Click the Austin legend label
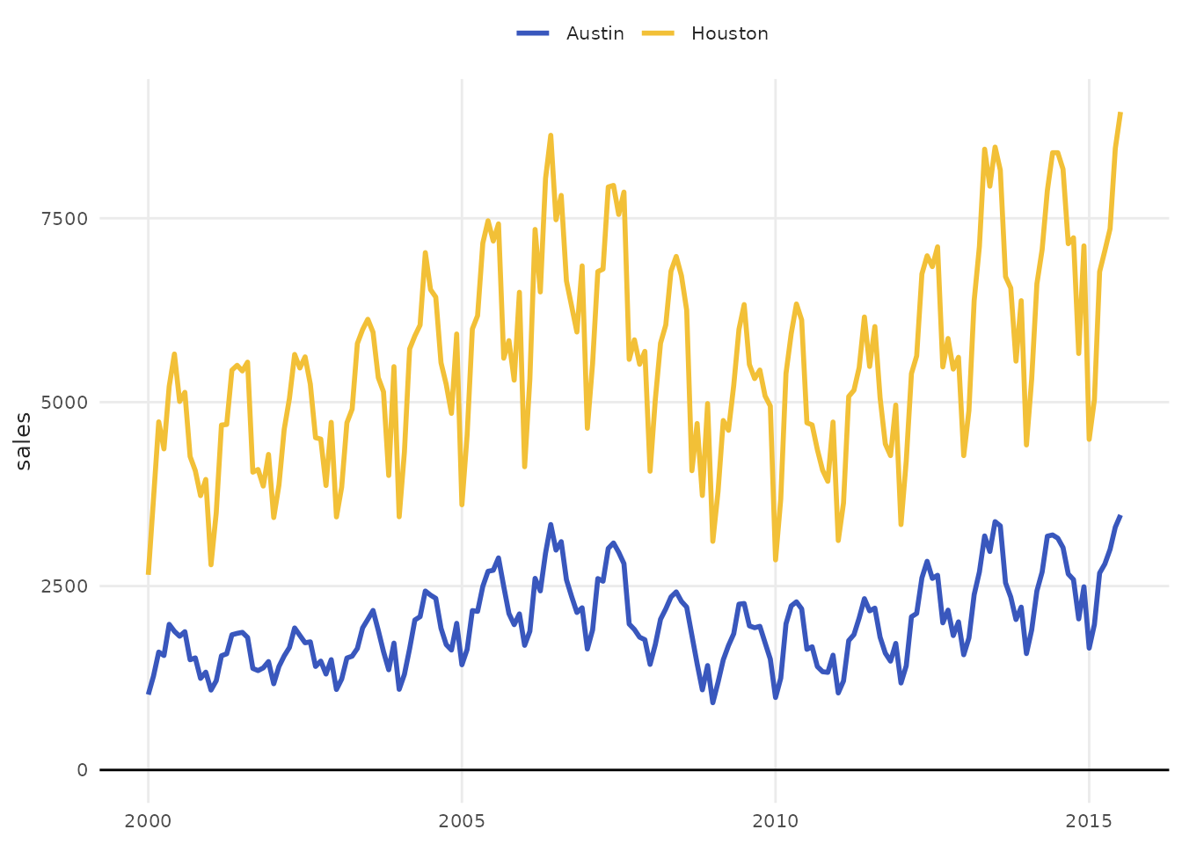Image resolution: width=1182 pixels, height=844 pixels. (x=595, y=33)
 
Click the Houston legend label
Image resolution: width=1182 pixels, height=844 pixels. (x=729, y=33)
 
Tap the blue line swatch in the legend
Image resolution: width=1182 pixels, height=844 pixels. (x=533, y=33)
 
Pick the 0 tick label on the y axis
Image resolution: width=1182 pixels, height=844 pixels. (x=82, y=770)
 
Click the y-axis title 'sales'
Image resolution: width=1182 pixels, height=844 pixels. (x=24, y=441)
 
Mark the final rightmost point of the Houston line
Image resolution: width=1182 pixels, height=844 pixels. (x=1120, y=113)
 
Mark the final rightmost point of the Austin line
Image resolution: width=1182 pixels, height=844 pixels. (x=1120, y=516)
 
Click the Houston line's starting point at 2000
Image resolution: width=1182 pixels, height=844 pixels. (x=148, y=573)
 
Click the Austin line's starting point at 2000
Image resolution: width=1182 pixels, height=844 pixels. (x=148, y=694)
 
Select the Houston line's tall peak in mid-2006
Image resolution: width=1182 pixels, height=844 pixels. (x=551, y=135)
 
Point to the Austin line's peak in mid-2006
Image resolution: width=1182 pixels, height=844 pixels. (x=551, y=525)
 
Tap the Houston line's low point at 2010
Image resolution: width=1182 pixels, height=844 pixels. (x=775, y=559)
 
